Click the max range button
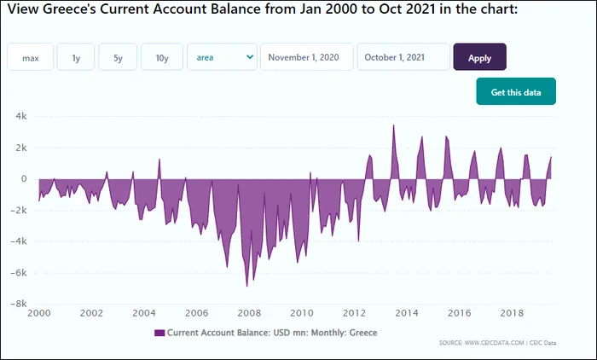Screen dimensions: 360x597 pyautogui.click(x=31, y=57)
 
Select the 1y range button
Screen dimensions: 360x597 pyautogui.click(x=76, y=57)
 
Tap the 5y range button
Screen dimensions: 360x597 pyautogui.click(x=118, y=57)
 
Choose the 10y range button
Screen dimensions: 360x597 pyautogui.click(x=161, y=57)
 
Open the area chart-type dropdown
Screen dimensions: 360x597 pyautogui.click(x=222, y=57)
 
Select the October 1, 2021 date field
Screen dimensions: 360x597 pyautogui.click(x=403, y=57)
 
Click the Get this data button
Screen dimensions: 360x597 pyautogui.click(x=515, y=91)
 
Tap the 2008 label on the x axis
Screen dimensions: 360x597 pyautogui.click(x=249, y=314)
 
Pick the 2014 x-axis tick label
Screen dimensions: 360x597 pyautogui.click(x=407, y=314)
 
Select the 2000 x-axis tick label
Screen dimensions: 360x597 pyautogui.click(x=39, y=314)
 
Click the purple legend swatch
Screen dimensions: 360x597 pyautogui.click(x=159, y=333)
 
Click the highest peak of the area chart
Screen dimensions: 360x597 pyautogui.click(x=393, y=125)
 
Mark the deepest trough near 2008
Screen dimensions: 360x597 pyautogui.click(x=246, y=286)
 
